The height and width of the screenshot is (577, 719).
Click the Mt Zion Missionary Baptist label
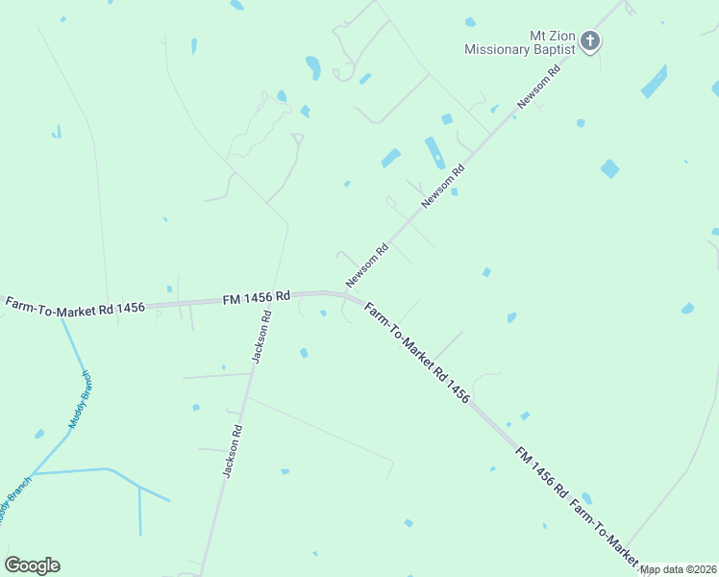519,41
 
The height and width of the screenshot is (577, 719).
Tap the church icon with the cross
590,41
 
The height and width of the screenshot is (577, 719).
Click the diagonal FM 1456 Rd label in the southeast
541,471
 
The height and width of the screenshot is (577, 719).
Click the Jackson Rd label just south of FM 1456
260,338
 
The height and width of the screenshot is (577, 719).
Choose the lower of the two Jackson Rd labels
232,451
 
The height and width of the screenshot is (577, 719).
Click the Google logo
32,565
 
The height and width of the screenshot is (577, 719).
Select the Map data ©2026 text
679,569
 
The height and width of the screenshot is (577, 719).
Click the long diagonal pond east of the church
654,81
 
